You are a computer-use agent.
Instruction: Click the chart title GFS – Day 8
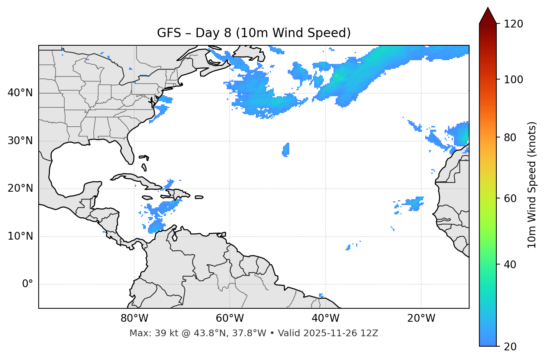coord(254,33)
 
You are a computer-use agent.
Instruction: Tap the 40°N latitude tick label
coord(20,93)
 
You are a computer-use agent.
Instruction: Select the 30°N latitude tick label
coord(20,141)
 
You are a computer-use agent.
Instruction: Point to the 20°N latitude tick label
coord(20,188)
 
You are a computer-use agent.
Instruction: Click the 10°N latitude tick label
coord(20,236)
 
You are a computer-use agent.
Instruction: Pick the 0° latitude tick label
coord(28,284)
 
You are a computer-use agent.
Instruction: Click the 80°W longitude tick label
coord(134,318)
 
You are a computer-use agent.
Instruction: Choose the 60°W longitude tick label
coord(230,318)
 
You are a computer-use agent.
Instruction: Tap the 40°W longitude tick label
coord(325,318)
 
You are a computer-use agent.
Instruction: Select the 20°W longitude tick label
coord(421,318)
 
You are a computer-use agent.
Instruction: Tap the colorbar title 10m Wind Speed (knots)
coord(532,185)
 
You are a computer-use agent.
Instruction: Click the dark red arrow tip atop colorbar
coord(488,15)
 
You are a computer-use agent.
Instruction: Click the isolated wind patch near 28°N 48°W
coord(286,150)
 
